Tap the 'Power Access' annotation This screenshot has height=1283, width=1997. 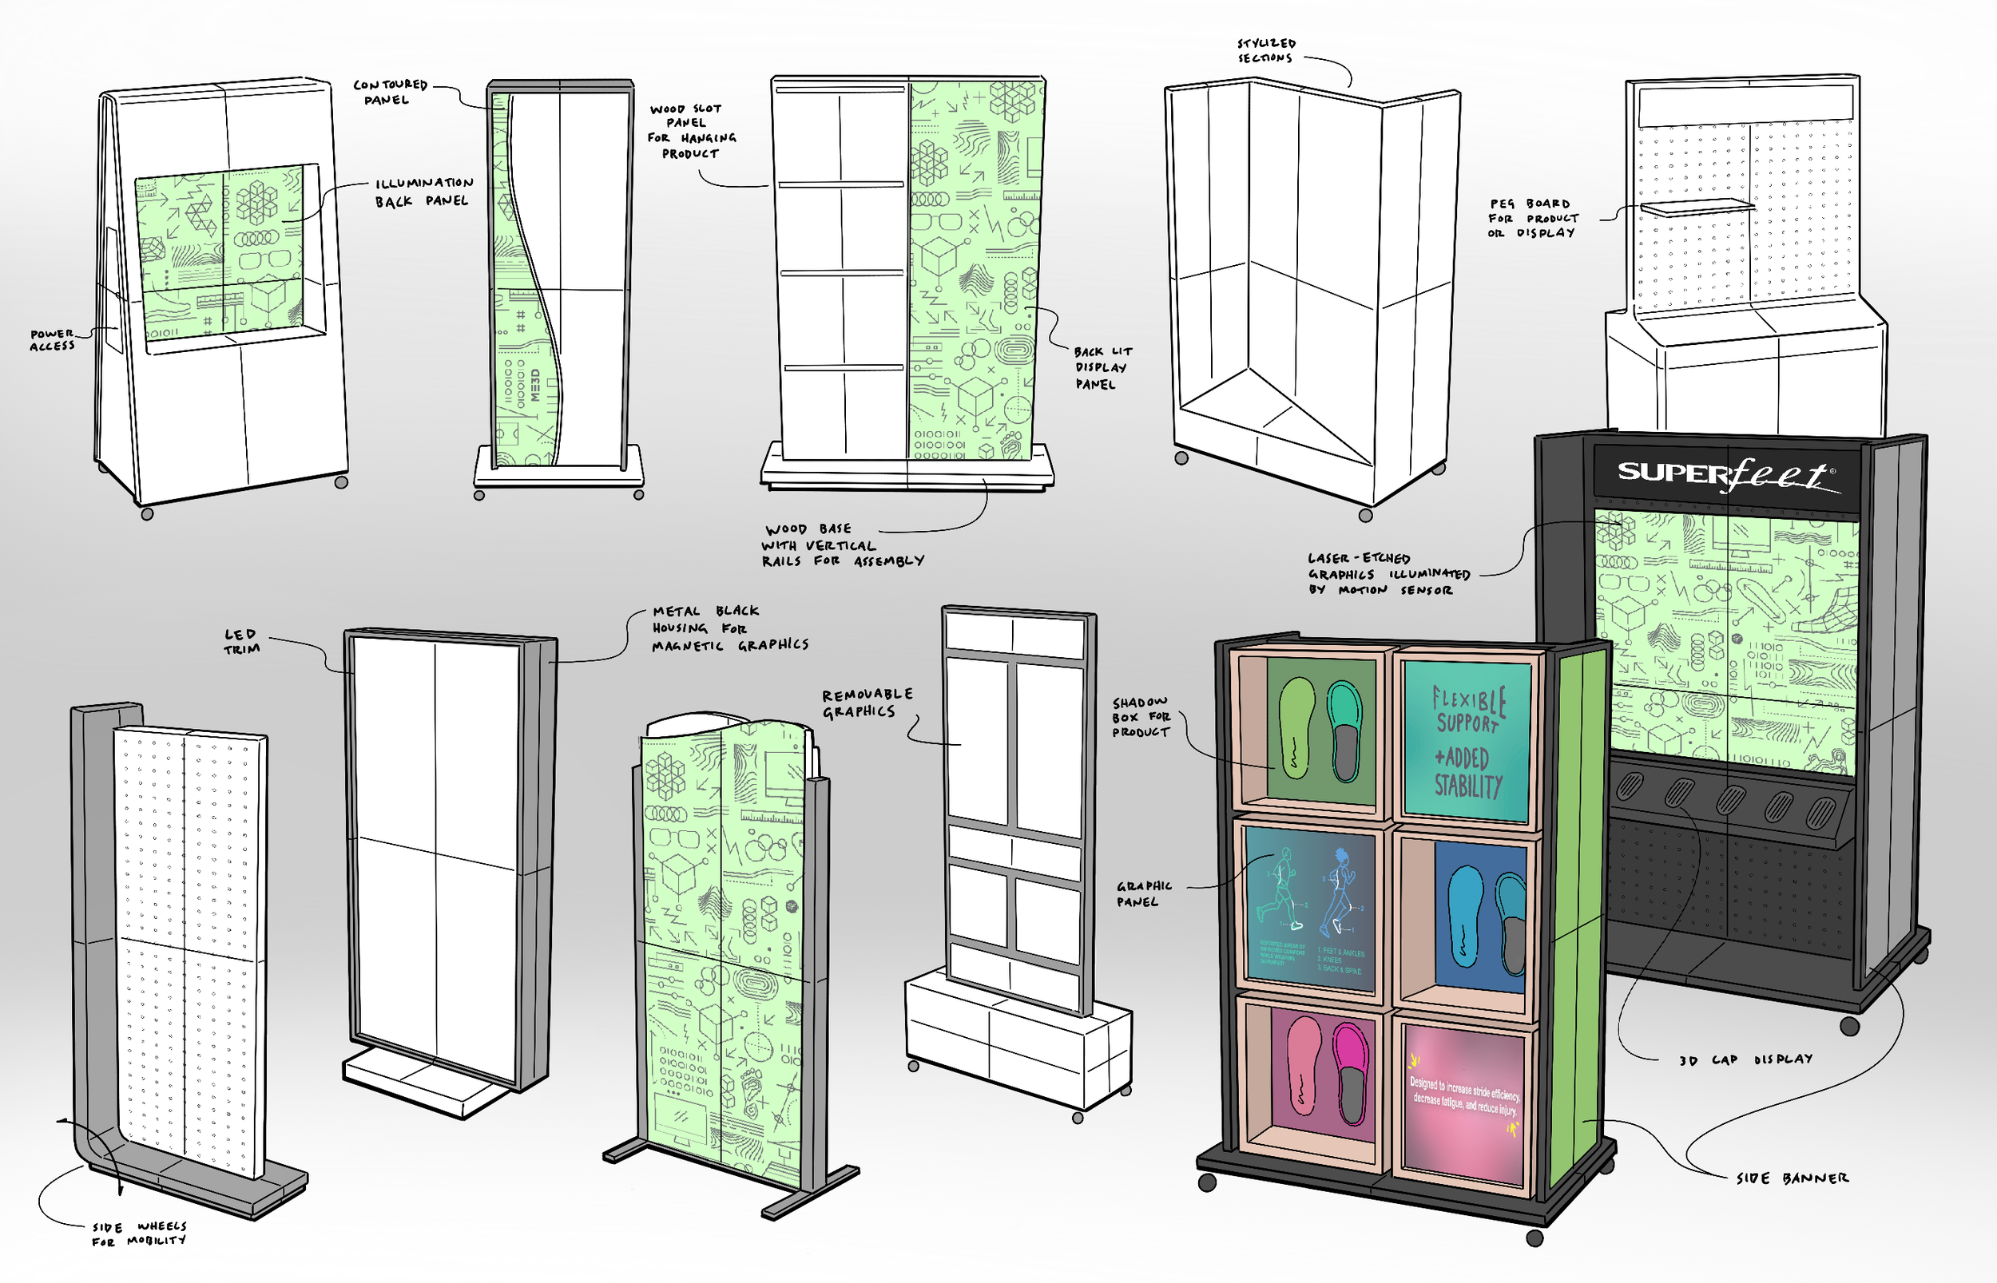53,340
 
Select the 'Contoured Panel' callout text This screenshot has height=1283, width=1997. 389,92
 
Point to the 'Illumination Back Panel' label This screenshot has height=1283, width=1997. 423,192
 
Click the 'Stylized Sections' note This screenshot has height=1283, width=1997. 1266,50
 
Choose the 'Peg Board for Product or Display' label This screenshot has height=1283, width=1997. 1533,218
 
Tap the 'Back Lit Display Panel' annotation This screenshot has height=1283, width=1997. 1102,367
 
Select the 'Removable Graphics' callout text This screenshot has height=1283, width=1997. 867,703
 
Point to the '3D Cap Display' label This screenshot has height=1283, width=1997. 1745,1059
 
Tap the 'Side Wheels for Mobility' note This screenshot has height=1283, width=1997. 138,1233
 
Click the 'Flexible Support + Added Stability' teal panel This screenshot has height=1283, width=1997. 1467,742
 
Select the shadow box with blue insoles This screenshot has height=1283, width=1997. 1480,918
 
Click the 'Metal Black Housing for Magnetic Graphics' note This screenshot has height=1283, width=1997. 729,628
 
